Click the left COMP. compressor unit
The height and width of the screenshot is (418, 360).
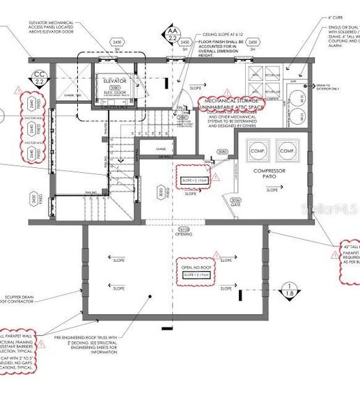tap(256, 150)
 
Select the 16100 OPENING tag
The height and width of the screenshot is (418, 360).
tap(183, 231)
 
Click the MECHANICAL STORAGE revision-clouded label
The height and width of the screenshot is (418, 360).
tap(231, 105)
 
